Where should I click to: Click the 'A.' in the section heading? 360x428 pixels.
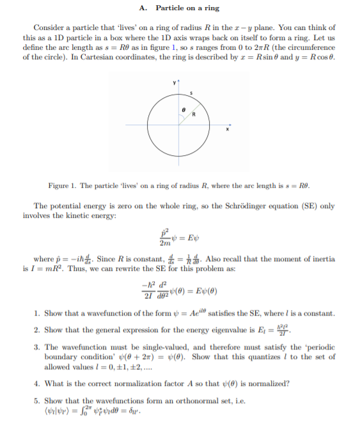143,8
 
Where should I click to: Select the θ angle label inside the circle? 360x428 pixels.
184,111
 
